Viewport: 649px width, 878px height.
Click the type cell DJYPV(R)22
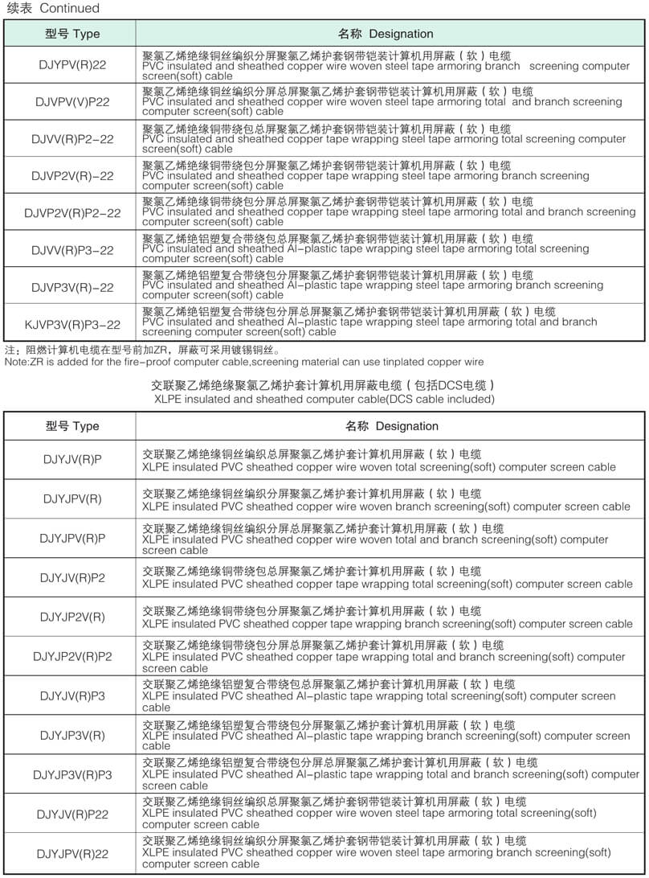point(72,64)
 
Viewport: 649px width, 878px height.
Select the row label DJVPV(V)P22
point(72,102)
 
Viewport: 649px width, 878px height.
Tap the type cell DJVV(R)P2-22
point(72,139)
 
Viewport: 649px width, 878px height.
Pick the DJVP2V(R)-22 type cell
point(72,175)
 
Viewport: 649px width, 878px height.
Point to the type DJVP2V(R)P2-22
point(72,213)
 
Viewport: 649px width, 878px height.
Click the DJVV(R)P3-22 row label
point(72,250)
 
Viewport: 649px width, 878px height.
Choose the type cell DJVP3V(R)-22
point(72,287)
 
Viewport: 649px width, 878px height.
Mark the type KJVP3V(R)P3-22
point(72,324)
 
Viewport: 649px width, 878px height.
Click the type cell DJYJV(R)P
point(72,459)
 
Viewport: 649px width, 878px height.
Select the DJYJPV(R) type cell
point(72,498)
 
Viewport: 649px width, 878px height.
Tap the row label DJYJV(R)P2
point(72,577)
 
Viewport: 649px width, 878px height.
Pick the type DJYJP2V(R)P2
point(72,656)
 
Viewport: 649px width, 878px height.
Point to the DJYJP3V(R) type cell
point(72,734)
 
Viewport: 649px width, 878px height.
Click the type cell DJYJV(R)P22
point(72,814)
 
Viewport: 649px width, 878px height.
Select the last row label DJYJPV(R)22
point(72,853)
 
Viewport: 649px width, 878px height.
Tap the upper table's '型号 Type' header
point(72,34)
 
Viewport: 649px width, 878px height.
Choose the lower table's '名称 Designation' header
point(392,425)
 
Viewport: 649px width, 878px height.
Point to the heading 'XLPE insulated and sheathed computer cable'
point(324,399)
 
